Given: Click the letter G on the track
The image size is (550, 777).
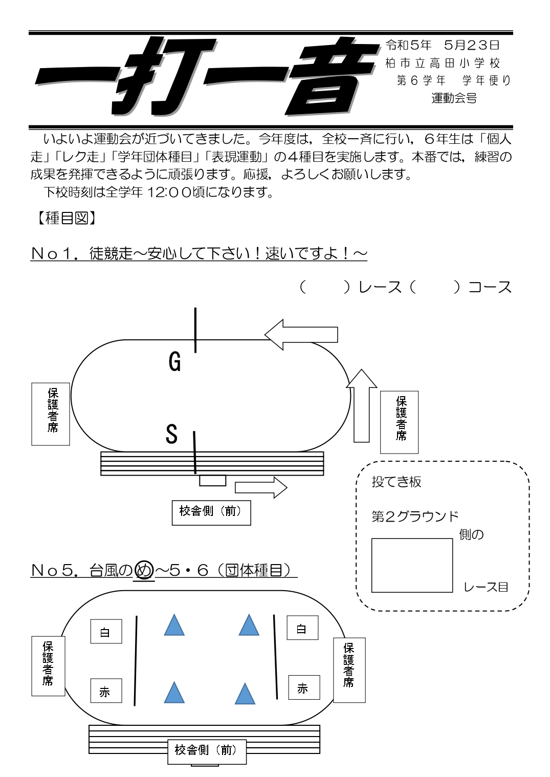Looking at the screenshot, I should point(175,362).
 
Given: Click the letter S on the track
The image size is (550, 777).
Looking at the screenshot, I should point(172,434).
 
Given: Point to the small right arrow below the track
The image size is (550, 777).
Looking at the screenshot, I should point(261,487).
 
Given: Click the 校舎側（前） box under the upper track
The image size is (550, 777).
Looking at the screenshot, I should point(211,512).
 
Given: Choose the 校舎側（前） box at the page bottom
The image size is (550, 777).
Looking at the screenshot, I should point(207,751).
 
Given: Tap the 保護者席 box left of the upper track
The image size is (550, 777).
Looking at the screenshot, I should point(51,414).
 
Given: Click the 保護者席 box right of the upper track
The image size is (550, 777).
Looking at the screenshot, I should point(399,422).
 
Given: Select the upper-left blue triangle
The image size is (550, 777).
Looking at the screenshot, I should point(174,625).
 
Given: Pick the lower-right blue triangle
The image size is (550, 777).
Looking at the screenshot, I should point(245,695).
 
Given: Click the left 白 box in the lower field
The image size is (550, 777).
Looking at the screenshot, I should point(106,632).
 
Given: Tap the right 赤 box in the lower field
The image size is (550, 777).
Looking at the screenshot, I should point(303,687).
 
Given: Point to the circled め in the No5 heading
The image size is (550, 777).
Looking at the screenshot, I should point(144,570).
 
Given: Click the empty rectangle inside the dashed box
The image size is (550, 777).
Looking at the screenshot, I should point(412,565).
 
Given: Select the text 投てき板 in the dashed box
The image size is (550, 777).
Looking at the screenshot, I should point(396,482).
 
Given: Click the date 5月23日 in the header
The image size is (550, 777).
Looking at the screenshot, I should point(471,45).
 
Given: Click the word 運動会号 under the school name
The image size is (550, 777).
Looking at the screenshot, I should point(454,98).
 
